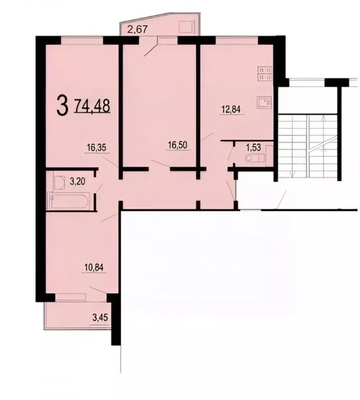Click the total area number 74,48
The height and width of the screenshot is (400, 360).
(x=92, y=105)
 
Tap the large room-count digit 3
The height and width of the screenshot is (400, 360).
(x=62, y=105)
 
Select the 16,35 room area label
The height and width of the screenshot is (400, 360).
(x=96, y=147)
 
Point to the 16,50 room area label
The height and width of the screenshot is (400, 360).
(x=177, y=145)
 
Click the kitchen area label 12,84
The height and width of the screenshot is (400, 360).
(x=230, y=109)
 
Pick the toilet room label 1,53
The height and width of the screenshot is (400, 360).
(x=253, y=147)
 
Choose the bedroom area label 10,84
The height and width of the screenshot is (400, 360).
(x=94, y=268)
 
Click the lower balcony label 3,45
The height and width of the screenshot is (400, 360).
(x=100, y=318)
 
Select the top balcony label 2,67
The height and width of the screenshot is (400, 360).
(x=137, y=29)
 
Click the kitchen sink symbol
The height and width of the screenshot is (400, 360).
(x=265, y=103)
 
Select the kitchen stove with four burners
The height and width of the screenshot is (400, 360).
(x=265, y=74)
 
